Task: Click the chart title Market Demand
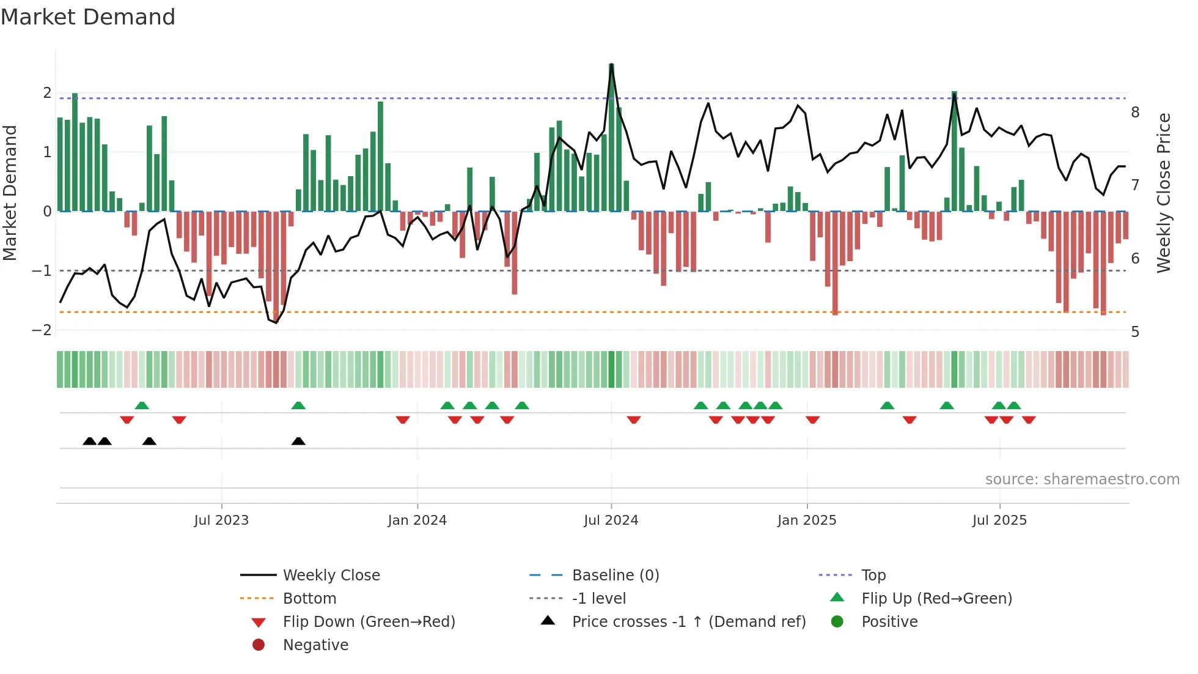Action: tap(88, 17)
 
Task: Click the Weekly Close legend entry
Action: tap(331, 575)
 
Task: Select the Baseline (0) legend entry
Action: tap(615, 575)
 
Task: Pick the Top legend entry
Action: tap(873, 575)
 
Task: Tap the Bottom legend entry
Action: tap(309, 598)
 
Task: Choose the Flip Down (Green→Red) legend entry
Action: tap(369, 621)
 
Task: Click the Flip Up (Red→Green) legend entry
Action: tap(936, 598)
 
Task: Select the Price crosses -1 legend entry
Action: tap(688, 621)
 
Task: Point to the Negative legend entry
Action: tap(315, 645)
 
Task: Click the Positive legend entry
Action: tap(889, 621)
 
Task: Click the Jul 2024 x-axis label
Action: tap(611, 520)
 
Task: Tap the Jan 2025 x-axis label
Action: tap(807, 520)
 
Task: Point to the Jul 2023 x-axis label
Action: tap(221, 520)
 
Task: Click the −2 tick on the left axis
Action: tap(42, 330)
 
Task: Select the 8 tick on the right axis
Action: tap(1135, 112)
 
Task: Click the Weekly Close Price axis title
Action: tap(1164, 193)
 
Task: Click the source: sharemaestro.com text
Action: tap(1082, 480)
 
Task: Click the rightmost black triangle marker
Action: tap(298, 442)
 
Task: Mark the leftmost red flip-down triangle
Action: tap(127, 420)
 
